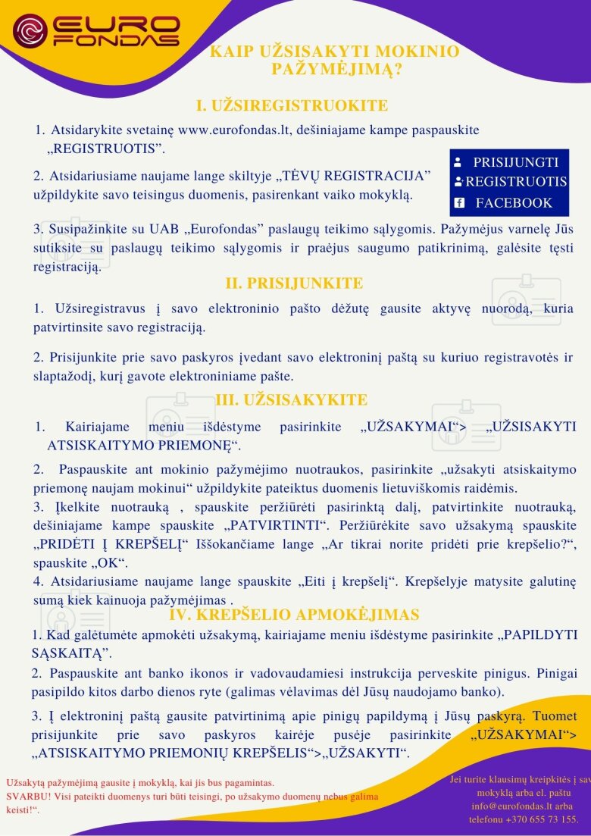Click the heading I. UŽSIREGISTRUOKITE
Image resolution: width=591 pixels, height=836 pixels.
click(x=292, y=105)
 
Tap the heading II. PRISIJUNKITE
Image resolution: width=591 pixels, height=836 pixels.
click(x=294, y=283)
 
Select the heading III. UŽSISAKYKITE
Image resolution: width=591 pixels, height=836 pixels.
click(x=292, y=400)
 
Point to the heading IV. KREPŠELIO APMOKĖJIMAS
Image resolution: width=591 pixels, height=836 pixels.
click(x=294, y=614)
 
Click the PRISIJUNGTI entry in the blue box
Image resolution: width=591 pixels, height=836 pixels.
click(x=515, y=162)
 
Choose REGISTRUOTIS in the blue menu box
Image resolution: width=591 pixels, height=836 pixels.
click(x=516, y=182)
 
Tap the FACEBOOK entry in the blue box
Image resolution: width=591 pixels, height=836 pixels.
click(x=514, y=202)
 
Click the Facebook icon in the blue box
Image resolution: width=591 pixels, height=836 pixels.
click(x=458, y=202)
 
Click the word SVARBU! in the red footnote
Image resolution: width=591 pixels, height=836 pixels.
click(x=28, y=796)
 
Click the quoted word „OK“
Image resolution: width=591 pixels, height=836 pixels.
click(x=113, y=562)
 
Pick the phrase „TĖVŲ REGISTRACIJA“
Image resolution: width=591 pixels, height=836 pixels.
click(x=352, y=176)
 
